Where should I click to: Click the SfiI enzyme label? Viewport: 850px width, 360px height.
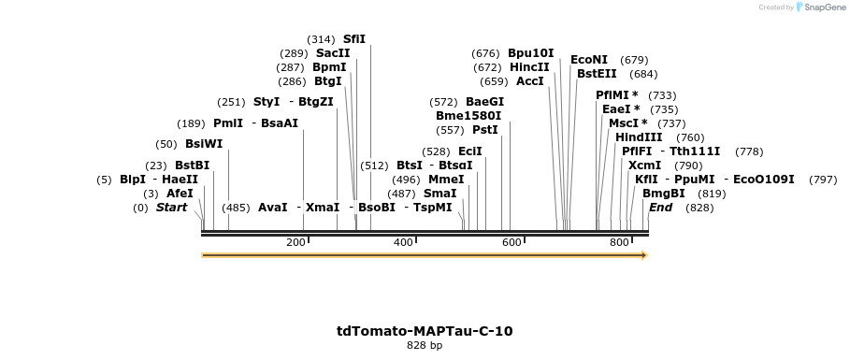354,39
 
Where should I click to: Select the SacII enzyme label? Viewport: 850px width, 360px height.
333,53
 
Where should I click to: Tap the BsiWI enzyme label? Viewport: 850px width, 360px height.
204,144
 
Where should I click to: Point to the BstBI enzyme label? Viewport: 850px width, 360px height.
193,166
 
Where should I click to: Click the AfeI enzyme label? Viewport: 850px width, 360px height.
180,194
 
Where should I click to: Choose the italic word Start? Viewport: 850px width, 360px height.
171,208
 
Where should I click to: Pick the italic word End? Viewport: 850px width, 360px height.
660,208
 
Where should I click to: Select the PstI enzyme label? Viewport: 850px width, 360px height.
484,130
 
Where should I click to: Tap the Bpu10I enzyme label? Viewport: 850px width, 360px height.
531,53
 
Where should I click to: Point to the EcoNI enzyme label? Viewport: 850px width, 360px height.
589,60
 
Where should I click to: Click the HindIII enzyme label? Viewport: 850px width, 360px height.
639,137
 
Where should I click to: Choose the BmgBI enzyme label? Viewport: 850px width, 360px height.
664,194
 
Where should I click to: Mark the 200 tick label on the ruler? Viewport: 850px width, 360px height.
296,243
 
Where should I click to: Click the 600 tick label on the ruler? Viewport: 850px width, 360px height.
511,243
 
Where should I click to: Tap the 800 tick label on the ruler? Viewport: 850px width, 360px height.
619,243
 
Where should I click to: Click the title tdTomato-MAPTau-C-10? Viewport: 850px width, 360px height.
425,331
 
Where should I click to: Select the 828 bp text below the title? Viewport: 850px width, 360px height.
425,346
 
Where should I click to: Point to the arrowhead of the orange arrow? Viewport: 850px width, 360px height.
643,254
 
